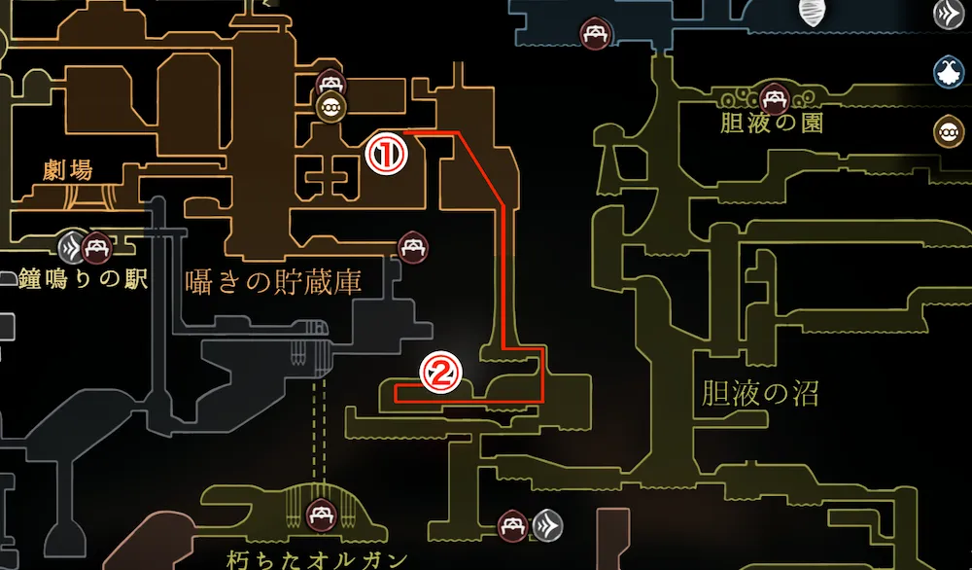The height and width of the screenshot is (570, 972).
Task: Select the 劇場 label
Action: tap(68, 170)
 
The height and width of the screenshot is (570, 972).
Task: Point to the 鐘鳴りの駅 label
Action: tap(82, 280)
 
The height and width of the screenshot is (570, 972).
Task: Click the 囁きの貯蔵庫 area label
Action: tap(274, 282)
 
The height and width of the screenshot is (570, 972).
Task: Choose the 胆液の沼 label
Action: tap(759, 393)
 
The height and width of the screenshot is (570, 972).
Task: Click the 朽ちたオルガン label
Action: tap(318, 558)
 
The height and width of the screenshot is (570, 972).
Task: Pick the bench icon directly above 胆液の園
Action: tap(775, 97)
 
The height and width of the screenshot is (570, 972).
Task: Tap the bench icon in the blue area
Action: tap(595, 35)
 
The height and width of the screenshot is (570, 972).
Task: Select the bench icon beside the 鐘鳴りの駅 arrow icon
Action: tap(96, 248)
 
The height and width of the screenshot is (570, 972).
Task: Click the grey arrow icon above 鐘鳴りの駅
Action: tap(71, 247)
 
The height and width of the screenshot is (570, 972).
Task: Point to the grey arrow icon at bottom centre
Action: tap(547, 526)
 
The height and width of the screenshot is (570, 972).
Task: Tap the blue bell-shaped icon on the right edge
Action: tap(948, 71)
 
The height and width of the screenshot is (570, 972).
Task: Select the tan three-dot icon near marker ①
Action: tap(330, 107)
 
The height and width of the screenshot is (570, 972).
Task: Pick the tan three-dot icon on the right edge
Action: tap(948, 130)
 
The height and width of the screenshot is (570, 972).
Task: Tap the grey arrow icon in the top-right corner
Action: tap(948, 14)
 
